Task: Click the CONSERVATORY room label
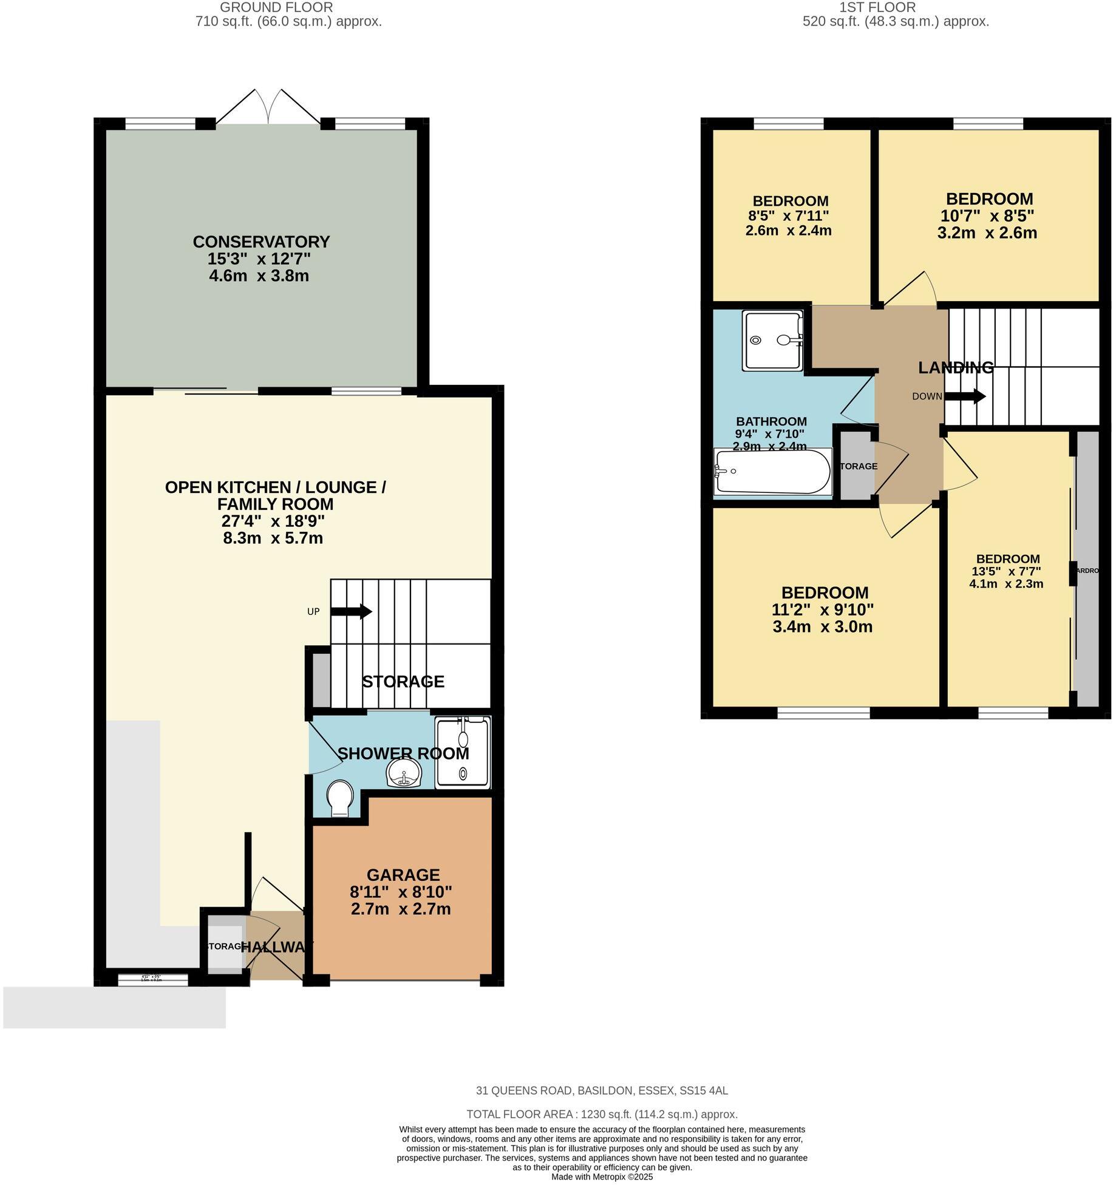[x=261, y=242]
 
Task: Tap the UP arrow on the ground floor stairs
[x=352, y=611]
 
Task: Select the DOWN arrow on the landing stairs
[x=965, y=396]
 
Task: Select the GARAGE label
[x=403, y=875]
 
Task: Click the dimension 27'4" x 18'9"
[x=273, y=521]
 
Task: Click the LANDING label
[x=956, y=367]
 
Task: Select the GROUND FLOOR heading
[x=276, y=7]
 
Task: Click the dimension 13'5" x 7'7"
[x=1006, y=571]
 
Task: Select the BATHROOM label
[x=771, y=421]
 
